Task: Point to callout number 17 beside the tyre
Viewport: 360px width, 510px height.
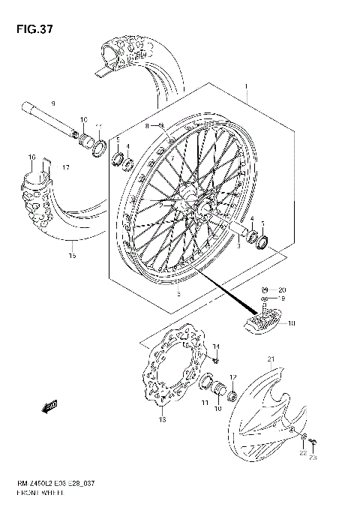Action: point(66,167)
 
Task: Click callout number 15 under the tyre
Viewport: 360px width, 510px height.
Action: point(73,255)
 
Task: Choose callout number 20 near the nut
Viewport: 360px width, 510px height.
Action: point(282,289)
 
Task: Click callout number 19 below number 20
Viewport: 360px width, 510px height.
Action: point(282,299)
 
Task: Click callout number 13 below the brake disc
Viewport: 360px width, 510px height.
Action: point(160,420)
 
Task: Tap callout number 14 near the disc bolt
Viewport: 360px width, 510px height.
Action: point(217,346)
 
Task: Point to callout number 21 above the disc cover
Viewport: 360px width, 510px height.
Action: point(271,358)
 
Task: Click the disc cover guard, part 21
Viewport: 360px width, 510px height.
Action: point(262,420)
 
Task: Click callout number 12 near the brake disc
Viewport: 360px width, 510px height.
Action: point(233,376)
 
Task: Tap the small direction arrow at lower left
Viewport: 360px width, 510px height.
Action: point(52,407)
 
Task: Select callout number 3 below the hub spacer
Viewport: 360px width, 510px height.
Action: point(238,244)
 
